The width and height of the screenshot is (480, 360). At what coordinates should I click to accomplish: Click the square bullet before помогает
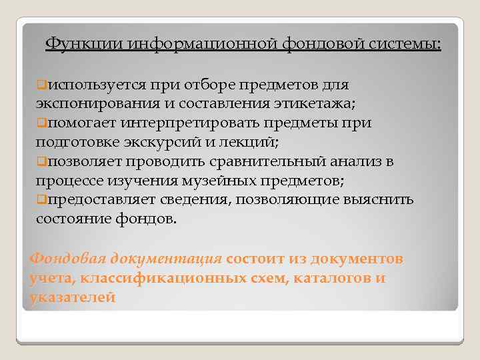(41, 123)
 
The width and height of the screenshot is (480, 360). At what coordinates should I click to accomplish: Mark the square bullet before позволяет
(41, 161)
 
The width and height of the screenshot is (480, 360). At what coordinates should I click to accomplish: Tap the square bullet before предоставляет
(41, 199)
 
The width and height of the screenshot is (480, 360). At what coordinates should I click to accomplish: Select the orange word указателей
(73, 297)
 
